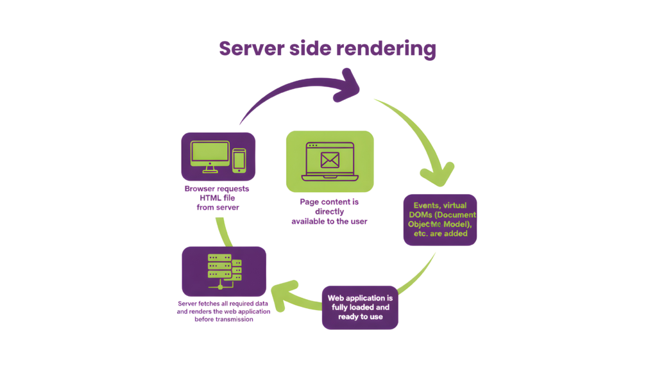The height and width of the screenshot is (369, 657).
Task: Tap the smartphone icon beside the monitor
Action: [239, 160]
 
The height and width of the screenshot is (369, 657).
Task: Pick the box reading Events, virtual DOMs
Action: [439, 220]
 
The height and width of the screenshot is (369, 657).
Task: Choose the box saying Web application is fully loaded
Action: [359, 307]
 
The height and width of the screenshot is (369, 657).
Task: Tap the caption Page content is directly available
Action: [329, 211]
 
